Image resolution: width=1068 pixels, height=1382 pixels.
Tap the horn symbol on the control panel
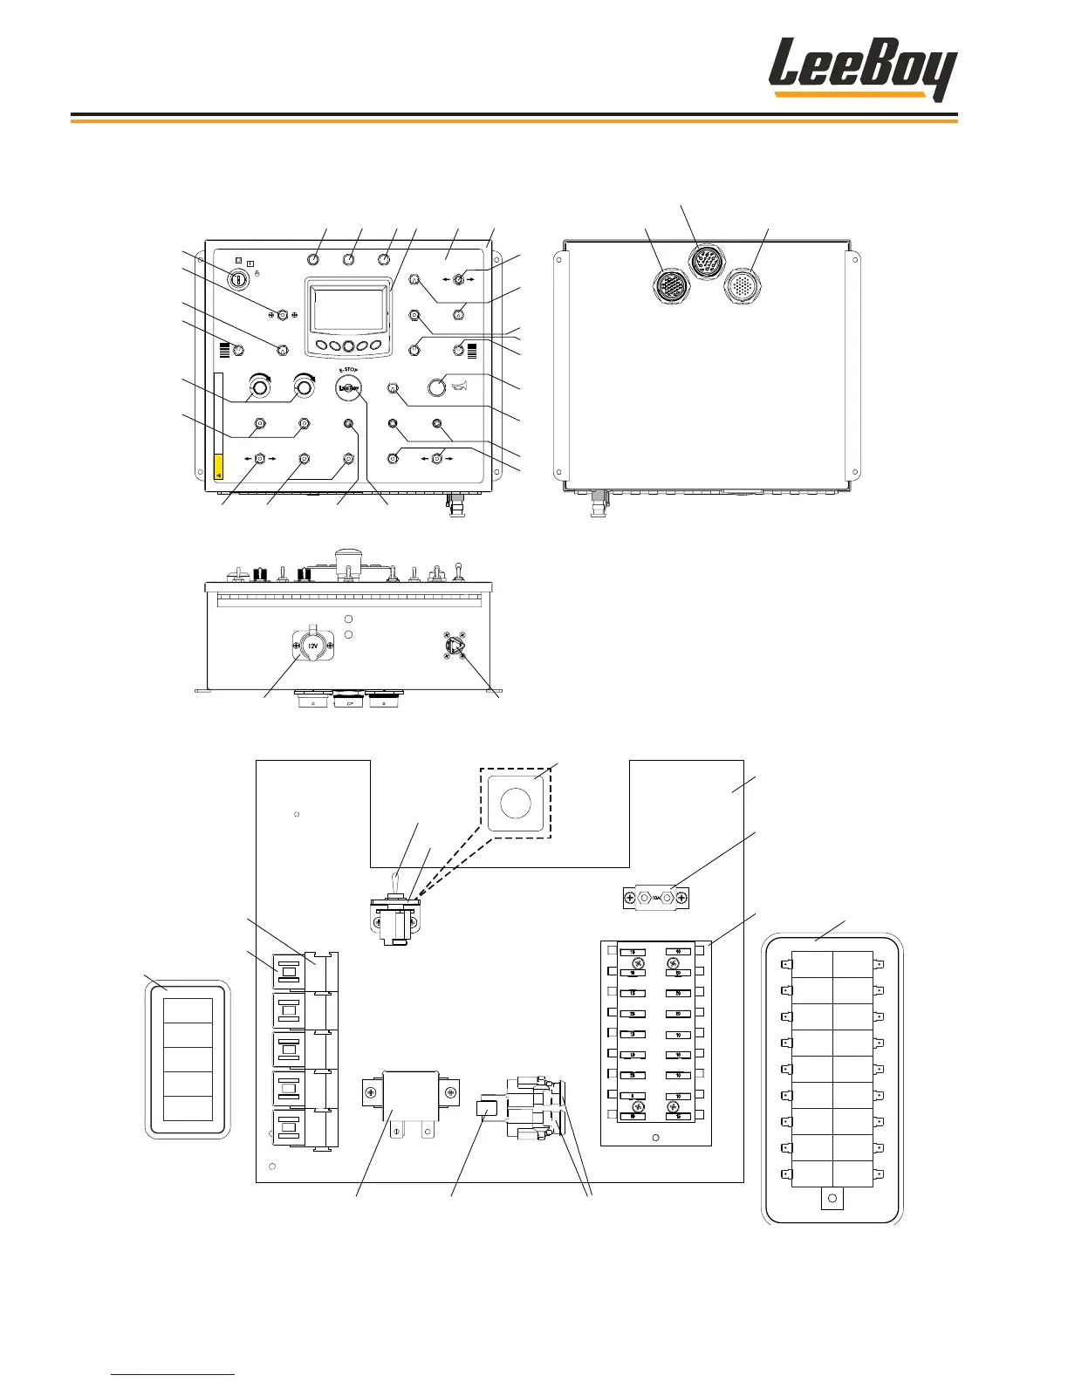[461, 387]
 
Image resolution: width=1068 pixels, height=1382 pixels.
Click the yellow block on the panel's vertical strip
[218, 467]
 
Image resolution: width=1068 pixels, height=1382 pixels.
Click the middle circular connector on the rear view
[704, 261]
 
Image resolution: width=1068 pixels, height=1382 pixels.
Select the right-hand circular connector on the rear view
[743, 285]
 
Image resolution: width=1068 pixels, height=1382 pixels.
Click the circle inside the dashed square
[515, 803]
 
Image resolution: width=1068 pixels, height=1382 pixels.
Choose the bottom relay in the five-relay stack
[289, 1129]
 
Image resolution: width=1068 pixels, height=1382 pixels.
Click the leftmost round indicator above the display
[314, 259]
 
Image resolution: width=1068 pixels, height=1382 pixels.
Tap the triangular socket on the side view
[455, 646]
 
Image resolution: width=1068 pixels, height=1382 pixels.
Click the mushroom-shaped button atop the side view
[349, 559]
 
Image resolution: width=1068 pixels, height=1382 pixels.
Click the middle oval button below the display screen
[348, 345]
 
